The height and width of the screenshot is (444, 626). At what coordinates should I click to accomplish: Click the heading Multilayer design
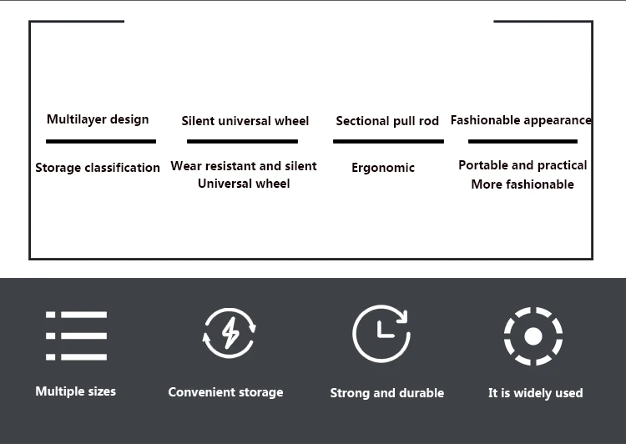pyautogui.click(x=98, y=119)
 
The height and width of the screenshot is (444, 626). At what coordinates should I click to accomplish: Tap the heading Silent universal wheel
pyautogui.click(x=245, y=121)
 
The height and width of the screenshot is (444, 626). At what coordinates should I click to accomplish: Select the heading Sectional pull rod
pyautogui.click(x=387, y=121)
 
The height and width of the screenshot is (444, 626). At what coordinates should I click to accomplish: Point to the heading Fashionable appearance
pyautogui.click(x=521, y=120)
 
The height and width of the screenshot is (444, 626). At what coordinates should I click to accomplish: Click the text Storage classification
pyautogui.click(x=98, y=168)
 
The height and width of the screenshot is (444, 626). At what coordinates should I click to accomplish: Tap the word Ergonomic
pyautogui.click(x=383, y=168)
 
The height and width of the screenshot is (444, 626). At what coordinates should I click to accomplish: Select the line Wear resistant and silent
pyautogui.click(x=244, y=166)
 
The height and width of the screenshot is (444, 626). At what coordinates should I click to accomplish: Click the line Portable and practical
pyautogui.click(x=523, y=165)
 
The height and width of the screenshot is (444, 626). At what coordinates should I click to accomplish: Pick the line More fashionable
pyautogui.click(x=523, y=184)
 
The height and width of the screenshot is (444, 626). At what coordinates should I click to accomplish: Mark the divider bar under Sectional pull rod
pyautogui.click(x=388, y=142)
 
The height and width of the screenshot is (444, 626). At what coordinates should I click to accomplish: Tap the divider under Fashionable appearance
pyautogui.click(x=523, y=142)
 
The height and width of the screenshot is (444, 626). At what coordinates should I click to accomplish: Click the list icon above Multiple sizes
pyautogui.click(x=76, y=336)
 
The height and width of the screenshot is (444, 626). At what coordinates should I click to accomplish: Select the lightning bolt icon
pyautogui.click(x=230, y=334)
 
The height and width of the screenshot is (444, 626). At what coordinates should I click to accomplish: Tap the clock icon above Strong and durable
pyautogui.click(x=381, y=333)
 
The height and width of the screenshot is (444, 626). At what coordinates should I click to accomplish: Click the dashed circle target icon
pyautogui.click(x=533, y=336)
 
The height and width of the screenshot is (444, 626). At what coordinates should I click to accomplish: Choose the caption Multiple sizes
pyautogui.click(x=76, y=391)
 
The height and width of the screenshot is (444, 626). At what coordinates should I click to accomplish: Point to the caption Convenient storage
pyautogui.click(x=225, y=392)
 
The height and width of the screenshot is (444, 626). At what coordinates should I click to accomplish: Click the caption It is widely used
pyautogui.click(x=535, y=393)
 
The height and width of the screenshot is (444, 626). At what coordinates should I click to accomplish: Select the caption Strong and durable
pyautogui.click(x=387, y=393)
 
